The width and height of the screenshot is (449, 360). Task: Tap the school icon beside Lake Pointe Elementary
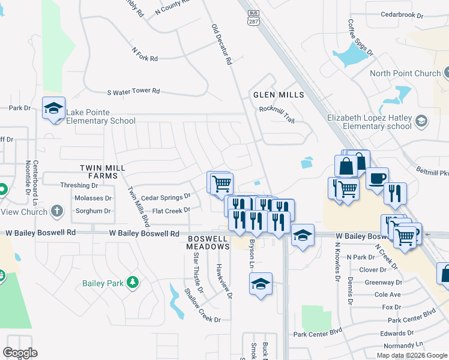tap(54, 109)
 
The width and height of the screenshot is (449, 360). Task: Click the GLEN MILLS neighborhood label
tap(278, 95)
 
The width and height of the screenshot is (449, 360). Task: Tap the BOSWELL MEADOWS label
tap(208, 242)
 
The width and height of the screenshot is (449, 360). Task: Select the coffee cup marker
tap(378, 178)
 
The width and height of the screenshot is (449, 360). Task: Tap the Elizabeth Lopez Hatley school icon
tap(422, 122)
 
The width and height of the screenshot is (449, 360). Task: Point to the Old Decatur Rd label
tap(221, 44)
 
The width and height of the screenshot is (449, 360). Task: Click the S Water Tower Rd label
tap(133, 91)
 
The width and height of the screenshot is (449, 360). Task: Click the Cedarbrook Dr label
tap(402, 13)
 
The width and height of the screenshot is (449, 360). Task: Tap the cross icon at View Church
tap(57, 211)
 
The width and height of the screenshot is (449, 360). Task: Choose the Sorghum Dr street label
tap(92, 211)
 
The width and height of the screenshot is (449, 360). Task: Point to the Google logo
tap(20, 353)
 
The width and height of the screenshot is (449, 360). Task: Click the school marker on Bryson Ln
tap(261, 284)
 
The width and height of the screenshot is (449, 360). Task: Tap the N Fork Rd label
tap(145, 59)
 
